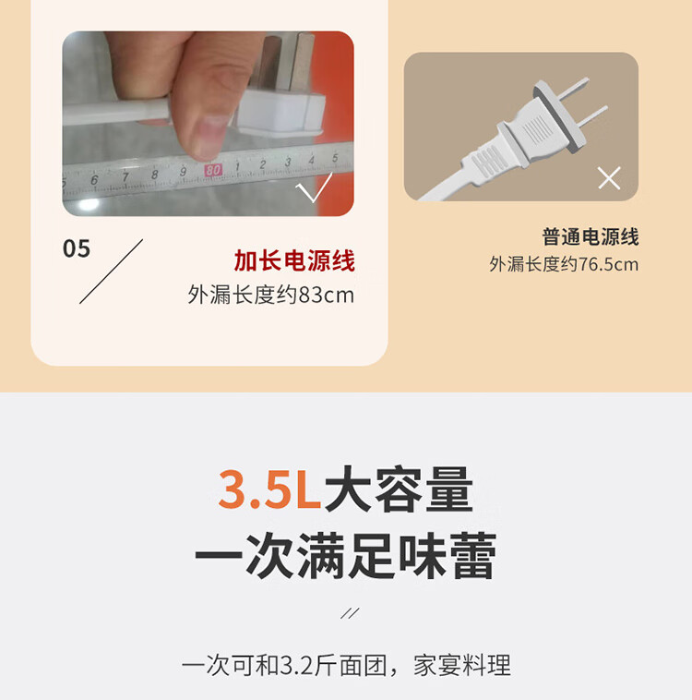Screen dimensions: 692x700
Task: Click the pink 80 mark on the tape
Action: pos(213,170)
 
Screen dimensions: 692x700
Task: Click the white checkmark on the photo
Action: pos(314,187)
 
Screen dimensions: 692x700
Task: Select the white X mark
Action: pos(609,178)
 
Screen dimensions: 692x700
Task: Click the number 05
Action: pos(77,248)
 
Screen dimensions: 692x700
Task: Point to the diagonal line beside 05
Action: pos(111,272)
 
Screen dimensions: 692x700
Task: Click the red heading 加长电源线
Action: pos(294,260)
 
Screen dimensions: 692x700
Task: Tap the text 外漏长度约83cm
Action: pos(271,295)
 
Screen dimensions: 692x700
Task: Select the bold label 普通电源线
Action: pos(591,236)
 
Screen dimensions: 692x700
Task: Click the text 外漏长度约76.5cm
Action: pos(564,264)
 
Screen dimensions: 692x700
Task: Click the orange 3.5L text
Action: pos(269,489)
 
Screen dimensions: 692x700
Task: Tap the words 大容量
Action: pos(399,489)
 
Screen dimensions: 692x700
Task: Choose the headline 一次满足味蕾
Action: pos(346,556)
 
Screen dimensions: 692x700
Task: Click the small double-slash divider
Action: pos(350,613)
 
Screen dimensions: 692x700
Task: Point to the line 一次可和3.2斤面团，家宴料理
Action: pos(346,666)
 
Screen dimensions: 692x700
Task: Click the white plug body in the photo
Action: pos(280,112)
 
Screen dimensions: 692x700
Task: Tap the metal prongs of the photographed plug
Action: pos(285,62)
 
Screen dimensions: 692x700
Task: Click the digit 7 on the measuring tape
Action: pos(125,177)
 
